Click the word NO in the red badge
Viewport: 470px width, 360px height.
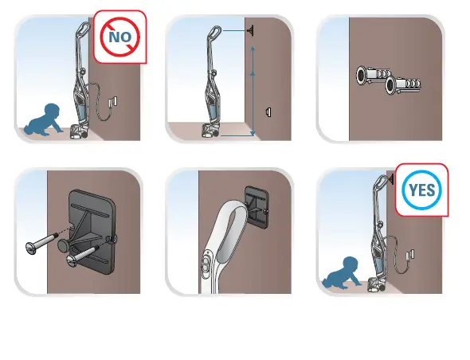(120, 36)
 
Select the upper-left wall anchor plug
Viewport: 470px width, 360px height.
(370, 75)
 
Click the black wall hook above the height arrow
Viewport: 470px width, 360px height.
(252, 31)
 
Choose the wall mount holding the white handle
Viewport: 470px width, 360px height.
(256, 205)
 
